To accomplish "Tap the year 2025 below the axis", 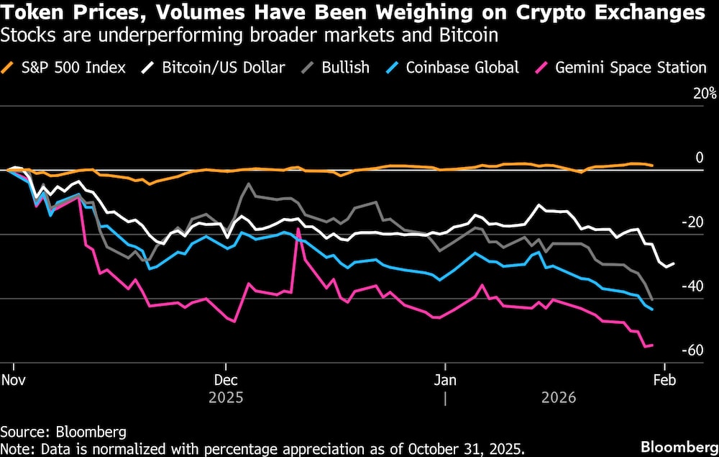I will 226,397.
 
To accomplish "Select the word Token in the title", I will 29,13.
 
